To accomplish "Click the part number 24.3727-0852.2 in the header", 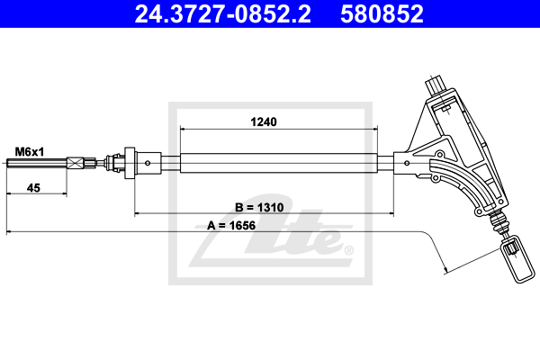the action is (x=222, y=14).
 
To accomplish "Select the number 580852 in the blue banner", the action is (x=382, y=14).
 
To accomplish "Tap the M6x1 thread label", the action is (x=30, y=151).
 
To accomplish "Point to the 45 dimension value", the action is (x=33, y=188).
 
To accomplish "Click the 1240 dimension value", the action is (x=264, y=122).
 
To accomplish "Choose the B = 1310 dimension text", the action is (x=259, y=207).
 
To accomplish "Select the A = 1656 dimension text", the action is (x=231, y=226).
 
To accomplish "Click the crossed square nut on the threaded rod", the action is (x=75, y=163).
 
